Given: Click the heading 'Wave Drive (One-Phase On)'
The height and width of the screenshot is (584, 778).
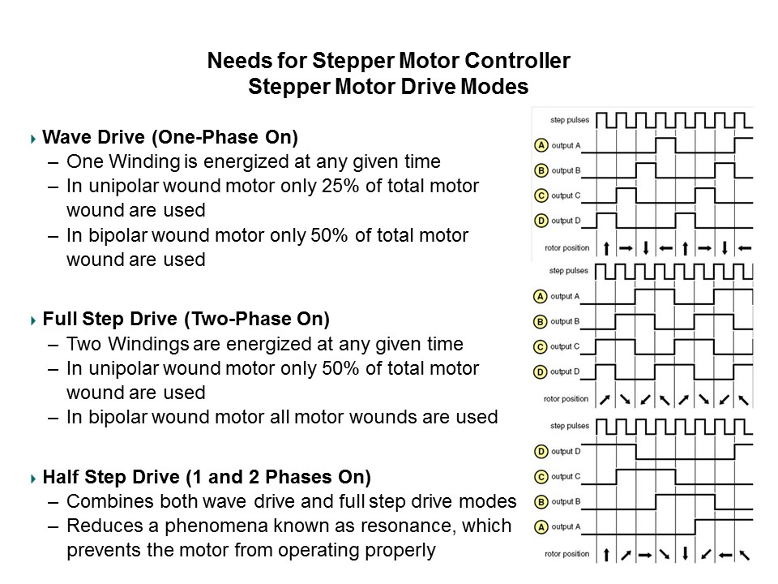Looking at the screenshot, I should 169,137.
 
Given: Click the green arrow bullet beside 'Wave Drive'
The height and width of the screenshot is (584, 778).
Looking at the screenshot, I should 32,139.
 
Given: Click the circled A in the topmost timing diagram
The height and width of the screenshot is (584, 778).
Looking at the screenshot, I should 540,146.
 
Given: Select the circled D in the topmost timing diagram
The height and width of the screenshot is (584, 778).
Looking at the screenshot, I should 540,221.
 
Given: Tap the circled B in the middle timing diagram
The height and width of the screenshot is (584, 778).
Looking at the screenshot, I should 540,321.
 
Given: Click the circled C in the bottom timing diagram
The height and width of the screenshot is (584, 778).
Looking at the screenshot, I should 540,477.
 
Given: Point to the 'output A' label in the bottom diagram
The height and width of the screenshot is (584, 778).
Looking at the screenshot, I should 566,527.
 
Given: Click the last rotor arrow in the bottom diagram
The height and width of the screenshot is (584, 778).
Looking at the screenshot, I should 744,556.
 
